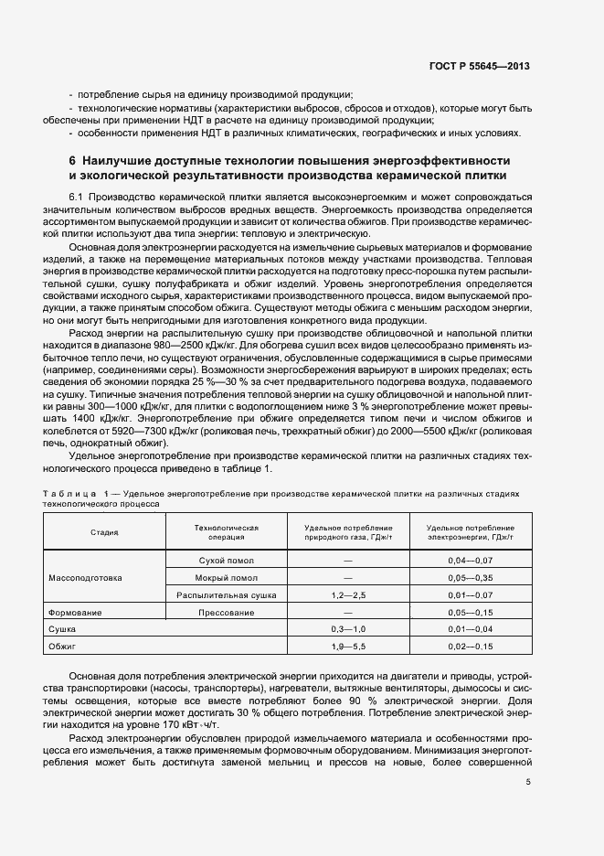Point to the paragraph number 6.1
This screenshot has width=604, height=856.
76,198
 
